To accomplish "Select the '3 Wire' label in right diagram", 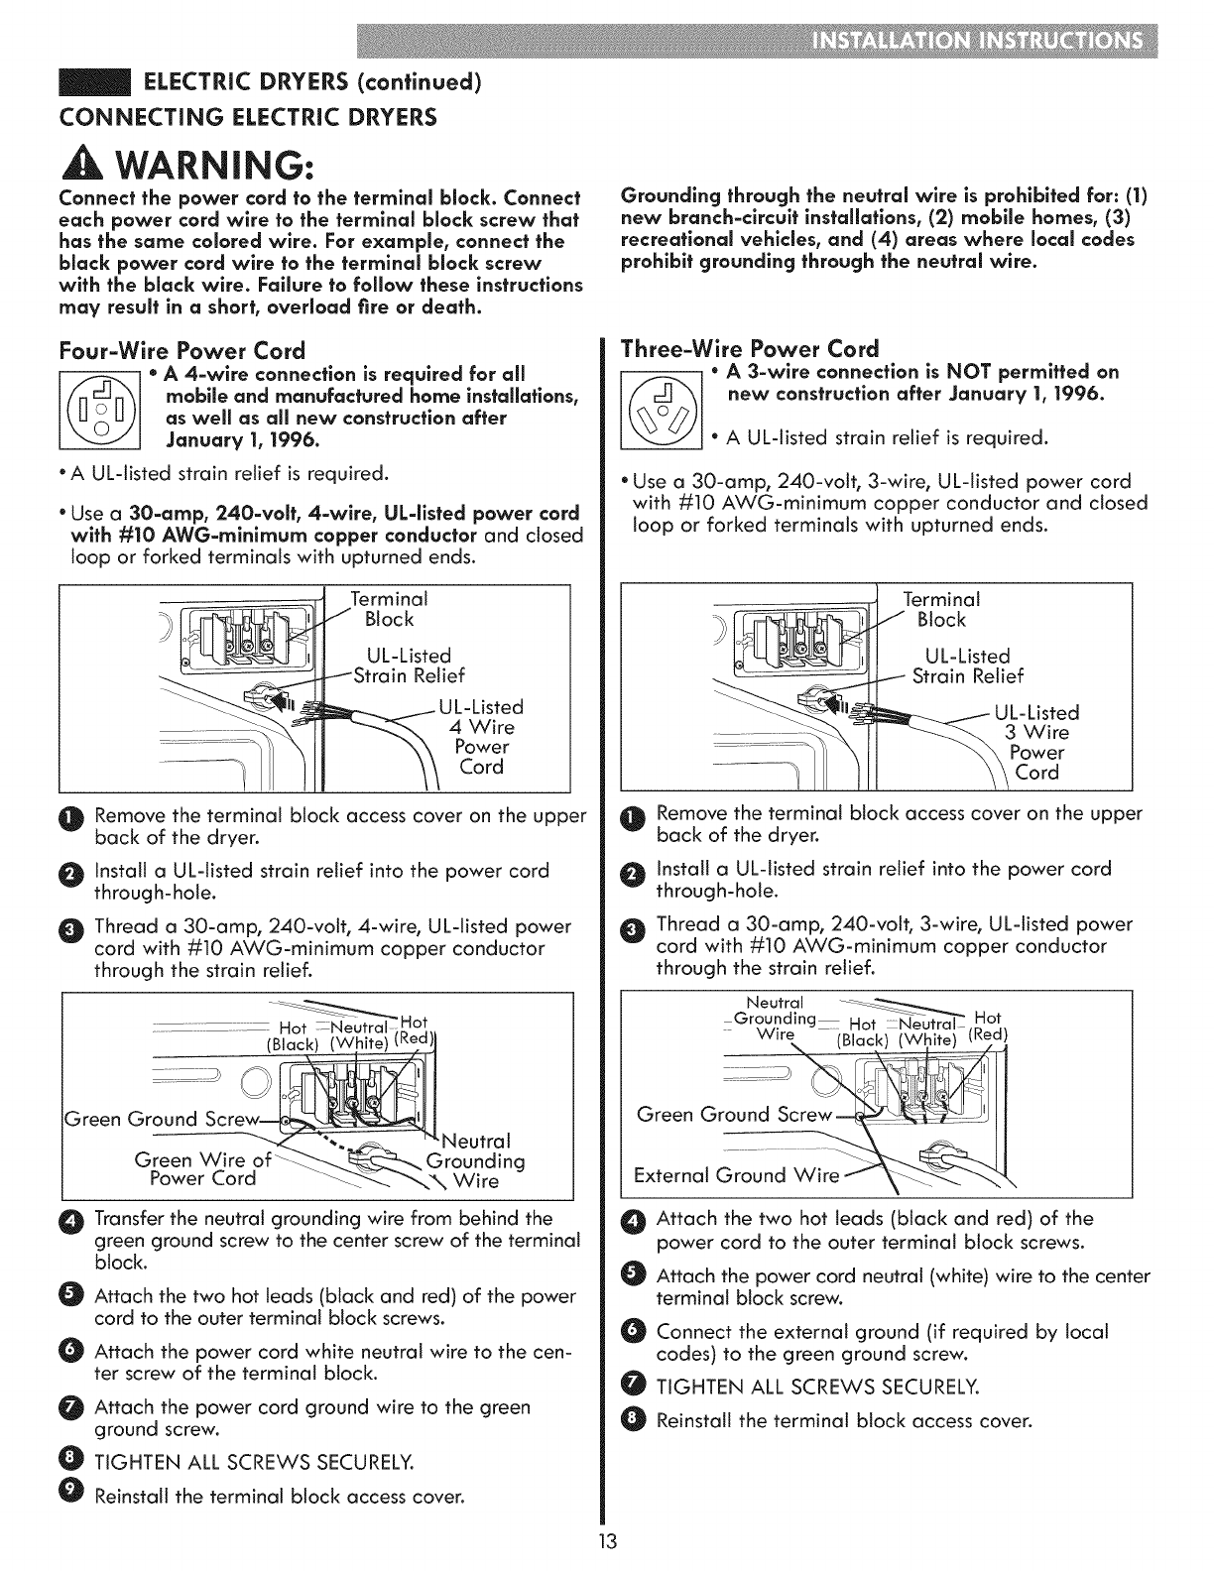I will point(1036,732).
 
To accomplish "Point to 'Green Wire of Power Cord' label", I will point(202,1169).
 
